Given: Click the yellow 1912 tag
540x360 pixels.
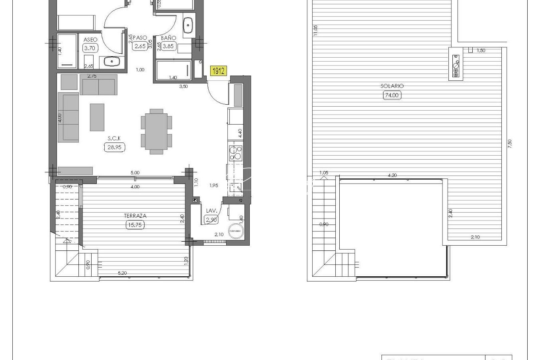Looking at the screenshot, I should point(218,71).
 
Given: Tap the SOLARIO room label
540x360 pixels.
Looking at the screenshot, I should point(392,86).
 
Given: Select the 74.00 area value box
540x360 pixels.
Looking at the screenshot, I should point(392,95).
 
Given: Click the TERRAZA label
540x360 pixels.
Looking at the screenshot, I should point(135,216).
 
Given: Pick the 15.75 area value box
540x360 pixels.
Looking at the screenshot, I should point(136,225).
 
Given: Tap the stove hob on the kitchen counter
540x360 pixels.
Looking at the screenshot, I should point(235,153).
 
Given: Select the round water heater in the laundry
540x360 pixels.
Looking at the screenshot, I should point(236,231).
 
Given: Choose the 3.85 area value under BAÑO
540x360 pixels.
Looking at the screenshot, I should point(168,46).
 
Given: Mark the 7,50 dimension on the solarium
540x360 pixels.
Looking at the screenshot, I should point(509,144).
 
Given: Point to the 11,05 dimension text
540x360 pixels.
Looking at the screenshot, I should point(315,30).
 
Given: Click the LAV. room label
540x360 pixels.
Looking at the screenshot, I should point(212,211).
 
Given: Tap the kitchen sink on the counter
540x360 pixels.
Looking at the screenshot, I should point(237,188).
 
